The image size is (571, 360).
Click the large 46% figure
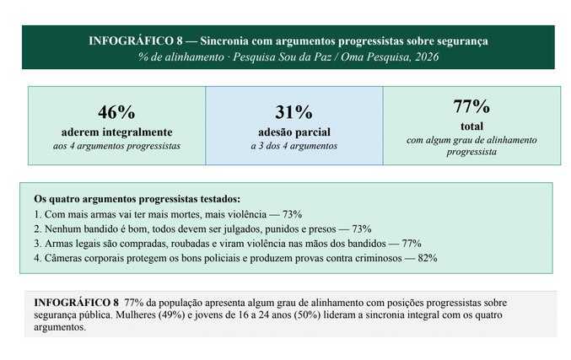(116, 112)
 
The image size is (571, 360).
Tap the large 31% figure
(294, 112)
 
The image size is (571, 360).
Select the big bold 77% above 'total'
(471, 106)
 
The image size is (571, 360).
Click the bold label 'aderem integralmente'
(116, 132)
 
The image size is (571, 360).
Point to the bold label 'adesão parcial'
(294, 132)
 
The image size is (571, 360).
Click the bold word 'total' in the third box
(472, 126)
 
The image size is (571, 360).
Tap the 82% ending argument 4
(428, 258)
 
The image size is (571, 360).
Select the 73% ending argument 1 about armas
(292, 214)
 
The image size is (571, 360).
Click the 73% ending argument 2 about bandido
(362, 229)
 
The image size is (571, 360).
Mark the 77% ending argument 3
(412, 244)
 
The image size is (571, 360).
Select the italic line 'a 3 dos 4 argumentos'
(294, 146)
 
